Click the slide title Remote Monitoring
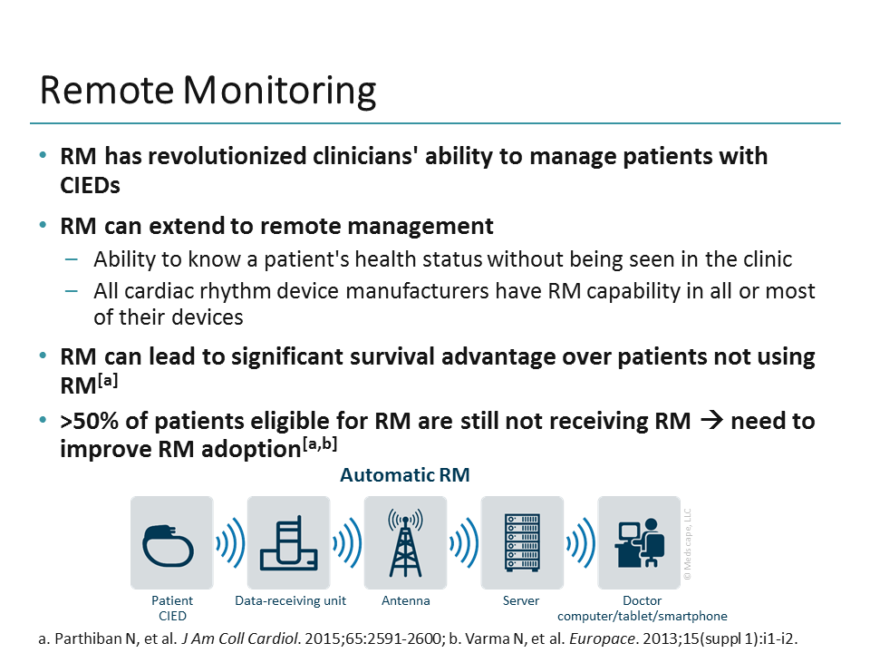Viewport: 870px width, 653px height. click(208, 92)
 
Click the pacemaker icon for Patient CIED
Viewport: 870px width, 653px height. click(171, 543)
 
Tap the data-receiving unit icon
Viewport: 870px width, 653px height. click(289, 543)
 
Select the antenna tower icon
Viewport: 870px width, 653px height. click(405, 543)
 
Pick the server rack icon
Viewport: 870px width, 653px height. click(521, 543)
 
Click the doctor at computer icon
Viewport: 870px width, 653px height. click(638, 543)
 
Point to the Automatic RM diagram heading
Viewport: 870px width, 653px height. click(405, 475)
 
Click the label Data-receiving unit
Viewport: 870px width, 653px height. click(289, 600)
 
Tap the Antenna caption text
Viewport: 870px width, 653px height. click(406, 600)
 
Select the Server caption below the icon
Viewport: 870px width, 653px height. click(521, 600)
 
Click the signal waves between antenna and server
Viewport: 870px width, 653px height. click(464, 544)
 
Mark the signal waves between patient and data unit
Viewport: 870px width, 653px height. click(230, 544)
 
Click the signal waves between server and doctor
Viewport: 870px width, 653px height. click(580, 544)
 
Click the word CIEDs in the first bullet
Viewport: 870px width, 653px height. click(90, 185)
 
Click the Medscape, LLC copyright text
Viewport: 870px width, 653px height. click(687, 544)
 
